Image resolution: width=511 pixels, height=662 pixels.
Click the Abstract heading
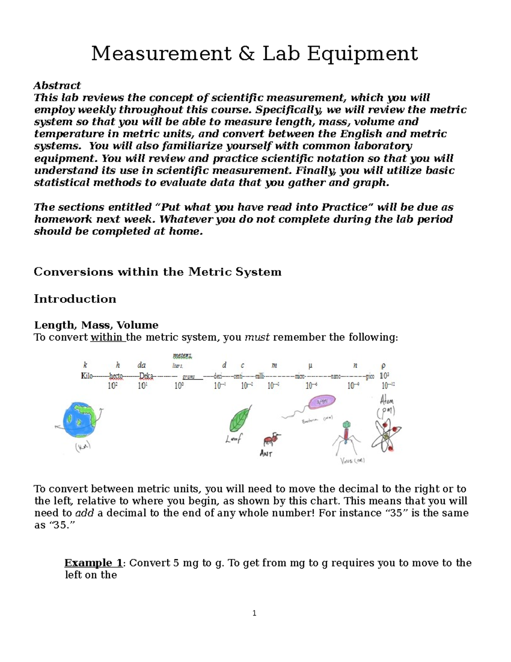[57, 85]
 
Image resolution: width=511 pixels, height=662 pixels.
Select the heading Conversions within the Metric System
[158, 272]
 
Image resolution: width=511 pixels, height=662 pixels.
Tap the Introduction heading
[75, 299]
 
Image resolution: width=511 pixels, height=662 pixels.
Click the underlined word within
[106, 337]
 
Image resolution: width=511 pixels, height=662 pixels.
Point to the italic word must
[257, 337]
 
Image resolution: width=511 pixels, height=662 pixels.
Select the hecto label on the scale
[116, 376]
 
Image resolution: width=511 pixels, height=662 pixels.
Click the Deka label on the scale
[146, 376]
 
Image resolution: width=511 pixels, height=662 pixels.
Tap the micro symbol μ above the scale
[310, 365]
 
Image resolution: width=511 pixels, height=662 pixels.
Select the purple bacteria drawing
[322, 402]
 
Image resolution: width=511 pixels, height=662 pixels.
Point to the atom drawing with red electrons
[385, 435]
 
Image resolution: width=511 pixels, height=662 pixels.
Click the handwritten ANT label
[266, 454]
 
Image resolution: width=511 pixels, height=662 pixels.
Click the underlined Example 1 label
[93, 563]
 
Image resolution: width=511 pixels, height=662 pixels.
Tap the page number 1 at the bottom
[254, 613]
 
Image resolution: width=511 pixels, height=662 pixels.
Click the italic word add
[84, 513]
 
